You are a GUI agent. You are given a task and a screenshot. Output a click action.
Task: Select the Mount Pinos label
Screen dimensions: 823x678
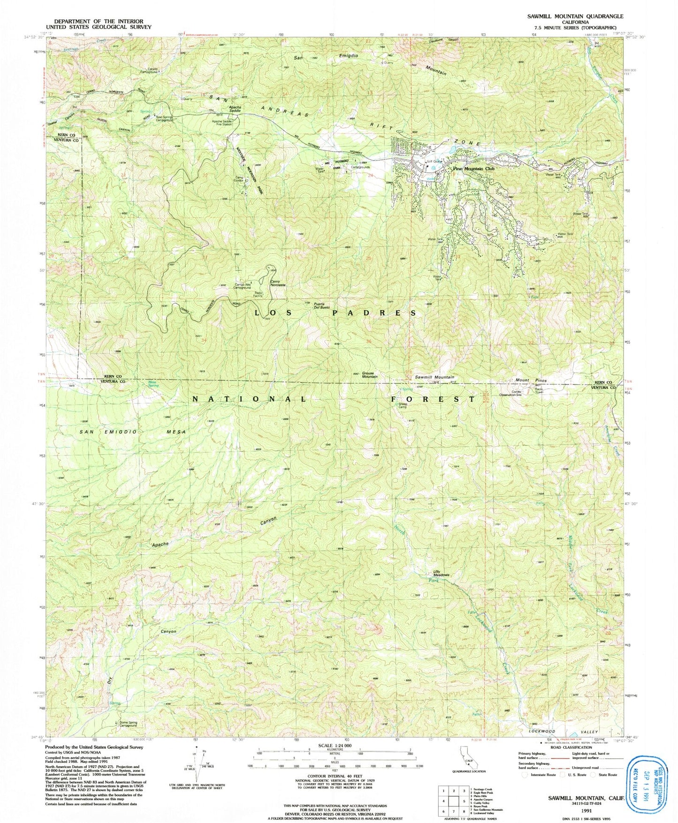pyautogui.click(x=529, y=380)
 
